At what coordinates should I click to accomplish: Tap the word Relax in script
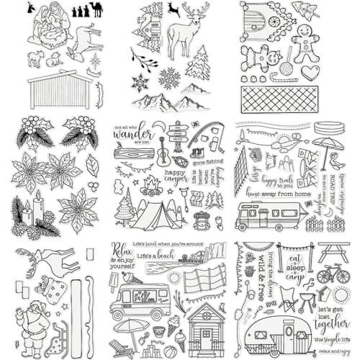click(121, 250)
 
